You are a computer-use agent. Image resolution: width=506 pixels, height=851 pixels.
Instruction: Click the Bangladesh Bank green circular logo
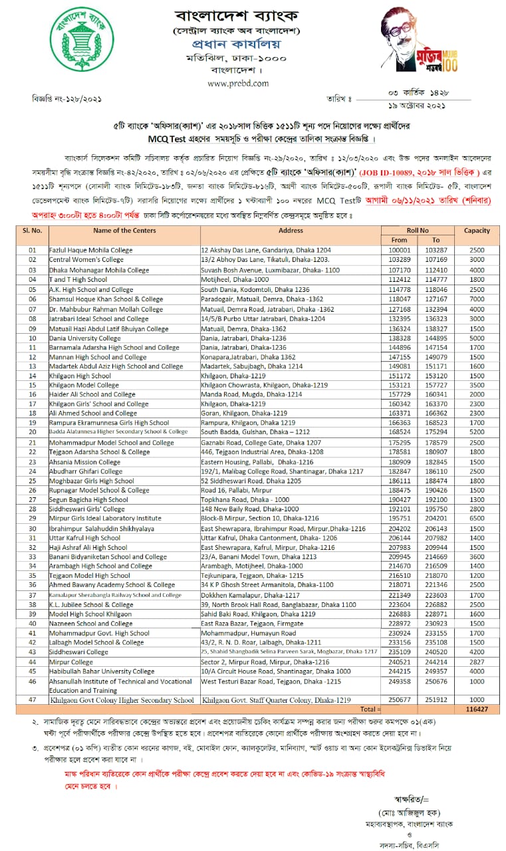pyautogui.click(x=82, y=41)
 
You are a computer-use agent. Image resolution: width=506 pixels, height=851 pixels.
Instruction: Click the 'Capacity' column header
pyautogui.click(x=477, y=231)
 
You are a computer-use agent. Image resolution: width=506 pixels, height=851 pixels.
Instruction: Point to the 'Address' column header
pyautogui.click(x=291, y=231)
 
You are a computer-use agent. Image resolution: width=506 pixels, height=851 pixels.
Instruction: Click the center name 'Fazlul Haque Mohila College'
pyautogui.click(x=91, y=251)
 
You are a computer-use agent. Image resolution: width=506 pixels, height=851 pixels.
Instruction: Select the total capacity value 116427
pyautogui.click(x=477, y=710)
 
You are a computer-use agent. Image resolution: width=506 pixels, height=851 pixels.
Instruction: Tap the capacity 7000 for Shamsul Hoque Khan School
pyautogui.click(x=477, y=299)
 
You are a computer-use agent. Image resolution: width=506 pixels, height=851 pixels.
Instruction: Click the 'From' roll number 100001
pyautogui.click(x=399, y=251)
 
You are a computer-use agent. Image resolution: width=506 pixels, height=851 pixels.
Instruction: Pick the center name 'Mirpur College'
pyautogui.click(x=71, y=662)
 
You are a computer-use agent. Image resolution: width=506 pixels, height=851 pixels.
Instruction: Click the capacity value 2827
pyautogui.click(x=477, y=662)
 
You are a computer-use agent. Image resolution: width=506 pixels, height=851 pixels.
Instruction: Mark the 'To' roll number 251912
pyautogui.click(x=436, y=700)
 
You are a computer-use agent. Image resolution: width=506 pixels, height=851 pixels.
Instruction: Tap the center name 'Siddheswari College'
pyautogui.click(x=78, y=652)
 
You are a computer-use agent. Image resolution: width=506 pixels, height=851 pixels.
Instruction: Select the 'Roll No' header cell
pyautogui.click(x=418, y=231)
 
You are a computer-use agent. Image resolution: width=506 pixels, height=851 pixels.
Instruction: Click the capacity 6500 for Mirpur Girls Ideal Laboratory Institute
pyautogui.click(x=477, y=518)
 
